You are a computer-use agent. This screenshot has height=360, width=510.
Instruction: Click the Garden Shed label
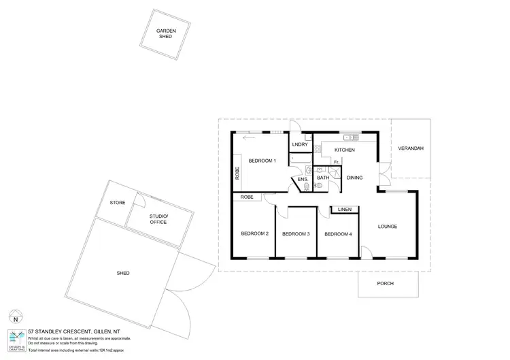tap(167, 33)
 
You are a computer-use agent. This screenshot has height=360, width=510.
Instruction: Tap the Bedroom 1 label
tap(262, 161)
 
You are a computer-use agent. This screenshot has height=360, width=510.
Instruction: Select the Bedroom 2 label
tap(254, 233)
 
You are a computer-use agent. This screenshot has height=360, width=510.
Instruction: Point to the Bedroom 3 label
tap(296, 234)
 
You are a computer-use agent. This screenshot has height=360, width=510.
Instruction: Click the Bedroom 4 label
tap(338, 234)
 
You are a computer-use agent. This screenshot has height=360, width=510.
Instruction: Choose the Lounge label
tap(388, 226)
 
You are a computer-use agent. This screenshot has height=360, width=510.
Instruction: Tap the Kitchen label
tap(344, 149)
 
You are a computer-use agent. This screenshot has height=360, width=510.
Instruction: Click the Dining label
tap(354, 178)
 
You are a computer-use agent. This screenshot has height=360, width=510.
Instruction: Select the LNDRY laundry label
tap(300, 145)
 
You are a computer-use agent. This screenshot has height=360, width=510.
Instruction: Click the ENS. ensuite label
tap(303, 179)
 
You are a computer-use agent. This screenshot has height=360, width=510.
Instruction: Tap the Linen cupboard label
tap(343, 210)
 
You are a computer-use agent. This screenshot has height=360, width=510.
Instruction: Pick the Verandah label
tap(411, 148)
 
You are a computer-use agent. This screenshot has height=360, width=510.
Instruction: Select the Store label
tap(117, 203)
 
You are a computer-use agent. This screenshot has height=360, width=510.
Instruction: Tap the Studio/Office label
tap(158, 219)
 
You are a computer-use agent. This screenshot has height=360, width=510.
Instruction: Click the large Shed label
tap(122, 273)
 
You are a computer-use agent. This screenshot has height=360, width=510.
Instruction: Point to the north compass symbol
tap(16, 317)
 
